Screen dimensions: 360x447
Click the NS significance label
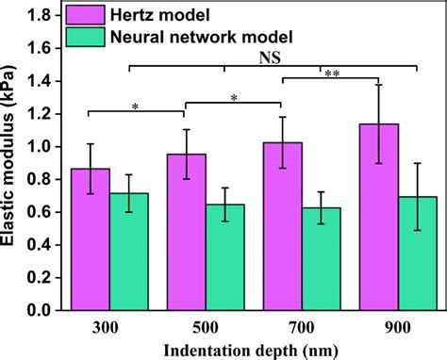pos(273,57)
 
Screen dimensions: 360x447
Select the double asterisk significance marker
pos(332,74)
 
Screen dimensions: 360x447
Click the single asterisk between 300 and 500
pos(135,106)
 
